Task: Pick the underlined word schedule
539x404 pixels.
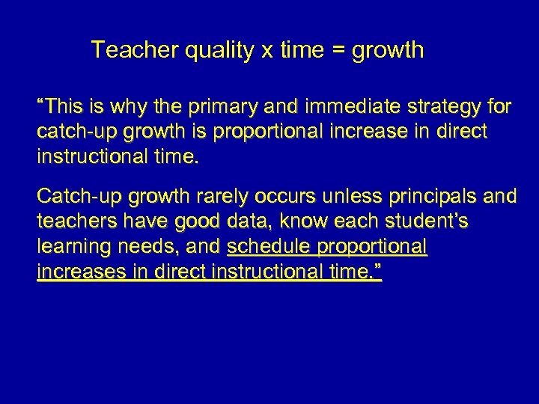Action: (x=269, y=247)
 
